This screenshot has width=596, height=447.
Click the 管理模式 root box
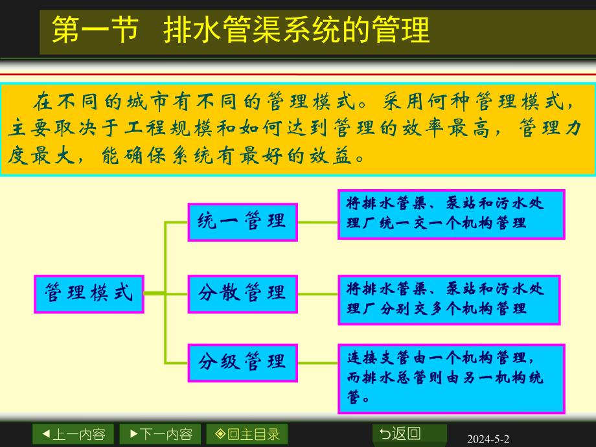pos(89,293)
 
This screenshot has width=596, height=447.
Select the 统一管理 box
pos(242,222)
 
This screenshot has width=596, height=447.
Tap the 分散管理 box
pos(242,293)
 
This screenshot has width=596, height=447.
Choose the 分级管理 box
pos(242,361)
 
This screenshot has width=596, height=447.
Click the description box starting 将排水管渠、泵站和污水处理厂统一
pos(451,214)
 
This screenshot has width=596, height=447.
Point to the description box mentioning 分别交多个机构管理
pos(448,299)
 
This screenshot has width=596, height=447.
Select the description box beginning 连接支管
pos(451,378)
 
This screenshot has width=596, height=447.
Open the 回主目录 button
pos(247,434)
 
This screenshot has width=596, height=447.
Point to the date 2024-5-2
pos(488,439)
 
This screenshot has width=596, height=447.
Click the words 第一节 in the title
pos(95,30)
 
